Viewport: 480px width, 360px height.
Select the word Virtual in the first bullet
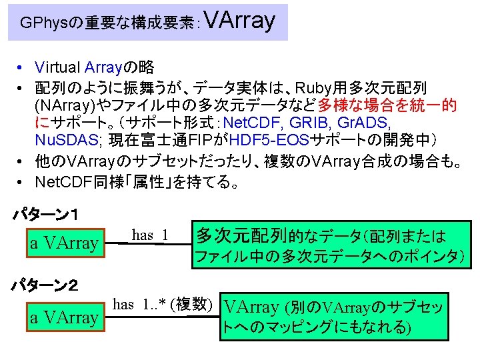[x=59, y=67]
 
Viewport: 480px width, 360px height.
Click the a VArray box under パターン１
[x=64, y=243]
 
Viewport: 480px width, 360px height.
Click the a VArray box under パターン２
[x=64, y=317]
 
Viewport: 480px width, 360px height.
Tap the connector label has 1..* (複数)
[x=163, y=304]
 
